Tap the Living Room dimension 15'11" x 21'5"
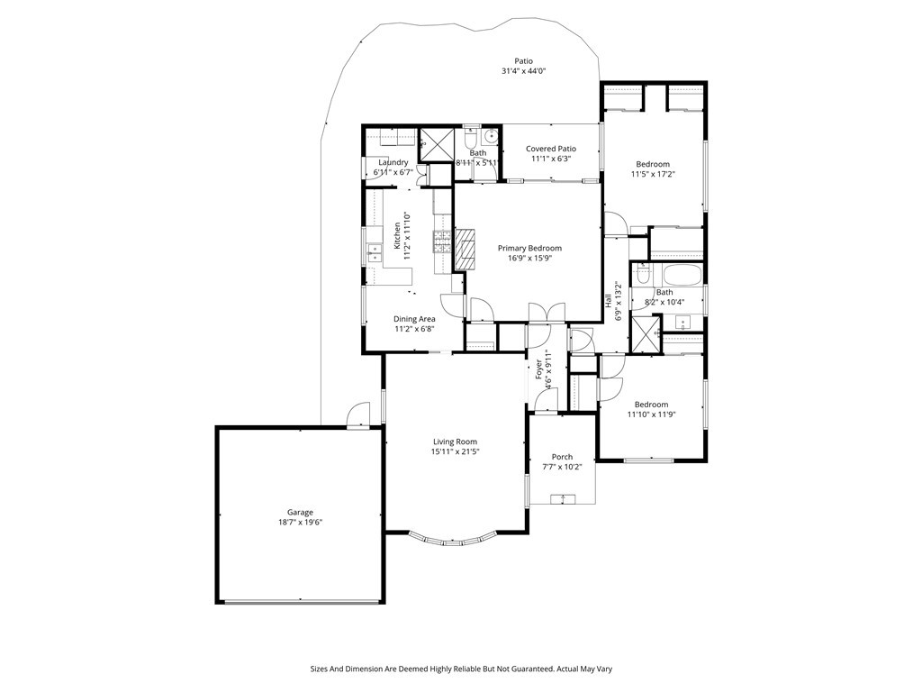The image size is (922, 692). click(x=453, y=451)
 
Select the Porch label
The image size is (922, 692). click(x=562, y=457)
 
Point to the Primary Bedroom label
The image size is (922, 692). click(x=529, y=248)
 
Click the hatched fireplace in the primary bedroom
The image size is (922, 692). click(x=464, y=250)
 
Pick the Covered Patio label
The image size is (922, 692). click(x=551, y=149)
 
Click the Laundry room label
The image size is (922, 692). click(x=393, y=162)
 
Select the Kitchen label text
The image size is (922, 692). click(x=397, y=236)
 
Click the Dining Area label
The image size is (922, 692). click(x=414, y=319)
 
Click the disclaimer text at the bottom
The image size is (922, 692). click(x=461, y=669)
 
